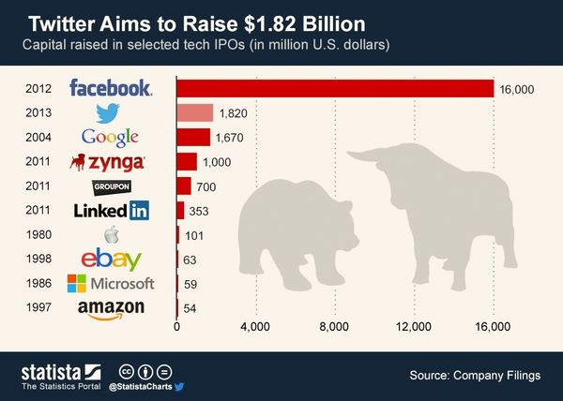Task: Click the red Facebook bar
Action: pos(335,88)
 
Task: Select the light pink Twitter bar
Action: pos(195,112)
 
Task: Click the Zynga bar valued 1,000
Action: pos(187,161)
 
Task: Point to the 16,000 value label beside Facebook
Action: pos(516,88)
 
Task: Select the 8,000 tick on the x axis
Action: pos(335,327)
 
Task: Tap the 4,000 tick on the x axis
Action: pos(255,327)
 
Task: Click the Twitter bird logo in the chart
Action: pos(112,113)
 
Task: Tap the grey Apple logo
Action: pos(112,234)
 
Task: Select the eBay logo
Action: pos(112,260)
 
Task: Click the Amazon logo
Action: pos(112,308)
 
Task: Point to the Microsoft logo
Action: pos(111,283)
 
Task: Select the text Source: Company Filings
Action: pos(475,376)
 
